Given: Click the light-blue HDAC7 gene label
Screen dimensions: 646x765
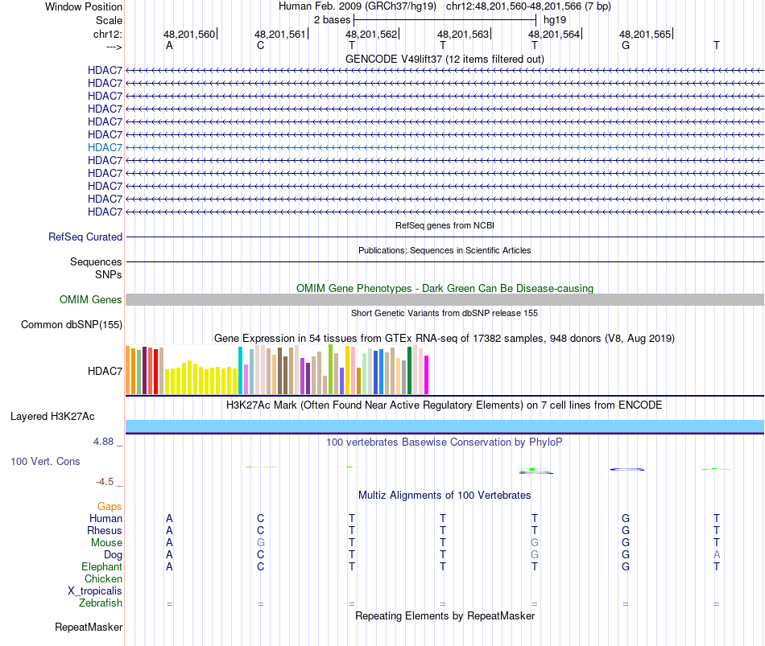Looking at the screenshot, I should (105, 147).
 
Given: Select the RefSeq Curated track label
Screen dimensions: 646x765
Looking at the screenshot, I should (85, 237).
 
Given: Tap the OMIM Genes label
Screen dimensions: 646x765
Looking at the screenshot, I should (91, 300).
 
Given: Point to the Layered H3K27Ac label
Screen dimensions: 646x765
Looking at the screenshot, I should (52, 417).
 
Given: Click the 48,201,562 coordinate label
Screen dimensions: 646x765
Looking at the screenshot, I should (371, 35).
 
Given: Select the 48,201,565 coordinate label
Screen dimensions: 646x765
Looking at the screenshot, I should (644, 35).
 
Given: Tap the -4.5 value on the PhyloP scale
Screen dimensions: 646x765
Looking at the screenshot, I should (105, 482).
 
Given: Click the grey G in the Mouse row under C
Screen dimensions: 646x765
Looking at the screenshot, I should (260, 543).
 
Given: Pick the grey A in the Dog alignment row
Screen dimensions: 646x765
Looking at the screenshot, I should (717, 555).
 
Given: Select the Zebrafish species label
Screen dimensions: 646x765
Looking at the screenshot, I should (101, 603).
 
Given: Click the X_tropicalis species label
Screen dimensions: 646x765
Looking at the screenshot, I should (95, 591).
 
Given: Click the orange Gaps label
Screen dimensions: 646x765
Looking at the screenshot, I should (110, 507).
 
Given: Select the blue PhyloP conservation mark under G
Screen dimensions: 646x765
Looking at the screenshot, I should (626, 469).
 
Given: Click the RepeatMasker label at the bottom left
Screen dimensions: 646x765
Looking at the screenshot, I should (89, 627).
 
